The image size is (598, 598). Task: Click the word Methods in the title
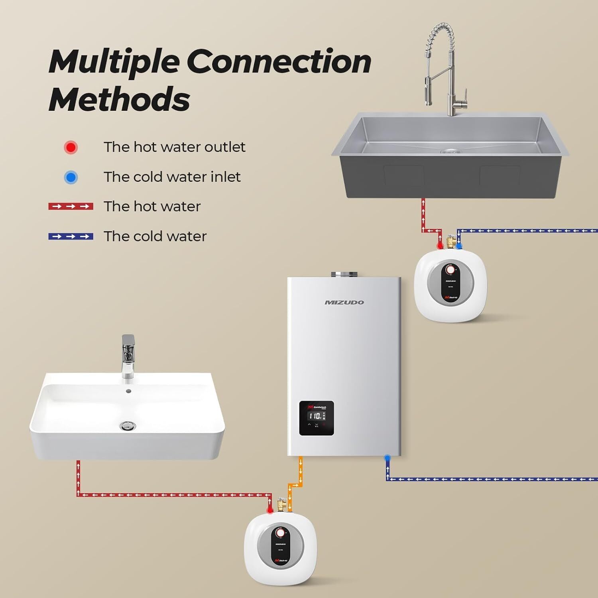pos(119,99)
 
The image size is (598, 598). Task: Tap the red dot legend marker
pos(71,148)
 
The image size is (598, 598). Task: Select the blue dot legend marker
pos(71,177)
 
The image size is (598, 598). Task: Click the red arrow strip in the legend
pos(71,207)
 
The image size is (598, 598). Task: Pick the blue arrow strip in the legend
pos(71,236)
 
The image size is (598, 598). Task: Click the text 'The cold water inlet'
pos(172,177)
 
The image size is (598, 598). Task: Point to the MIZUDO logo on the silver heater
pos(344,303)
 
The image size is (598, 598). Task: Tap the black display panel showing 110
pos(317,418)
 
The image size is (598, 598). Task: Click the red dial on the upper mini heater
pos(450,270)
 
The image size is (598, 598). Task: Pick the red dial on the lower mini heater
pos(280,533)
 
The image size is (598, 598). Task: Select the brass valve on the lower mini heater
pos(282,505)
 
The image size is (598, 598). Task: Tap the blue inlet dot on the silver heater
pos(387,458)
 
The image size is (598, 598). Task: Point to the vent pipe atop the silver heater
pos(343,274)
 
